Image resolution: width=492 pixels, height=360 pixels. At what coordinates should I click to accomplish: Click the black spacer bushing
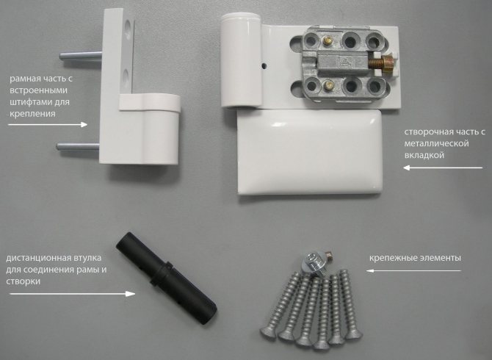click(x=166, y=278)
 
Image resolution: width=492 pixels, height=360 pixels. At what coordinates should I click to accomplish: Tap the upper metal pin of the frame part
click(x=81, y=56)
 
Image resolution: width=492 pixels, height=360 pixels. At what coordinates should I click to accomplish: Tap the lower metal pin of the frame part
click(x=78, y=146)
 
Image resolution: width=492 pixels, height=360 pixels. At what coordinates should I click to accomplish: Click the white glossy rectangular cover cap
click(x=310, y=151)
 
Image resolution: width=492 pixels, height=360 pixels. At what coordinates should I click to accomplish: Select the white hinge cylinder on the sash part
click(x=241, y=60)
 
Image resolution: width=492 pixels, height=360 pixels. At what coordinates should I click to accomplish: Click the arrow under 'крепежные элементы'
click(x=413, y=270)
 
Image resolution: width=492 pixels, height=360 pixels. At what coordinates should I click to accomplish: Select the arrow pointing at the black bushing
click(x=72, y=294)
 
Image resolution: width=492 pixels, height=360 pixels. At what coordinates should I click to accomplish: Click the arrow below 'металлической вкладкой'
click(x=443, y=168)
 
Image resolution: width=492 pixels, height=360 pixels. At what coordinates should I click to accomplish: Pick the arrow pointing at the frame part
click(x=48, y=125)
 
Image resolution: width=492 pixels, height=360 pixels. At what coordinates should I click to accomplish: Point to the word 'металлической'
click(x=436, y=143)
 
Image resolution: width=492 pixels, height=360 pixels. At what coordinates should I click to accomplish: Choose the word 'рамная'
click(x=23, y=79)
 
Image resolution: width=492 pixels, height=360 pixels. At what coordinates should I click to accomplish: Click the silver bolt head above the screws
click(x=312, y=263)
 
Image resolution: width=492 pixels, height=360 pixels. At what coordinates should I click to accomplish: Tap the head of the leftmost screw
click(x=267, y=332)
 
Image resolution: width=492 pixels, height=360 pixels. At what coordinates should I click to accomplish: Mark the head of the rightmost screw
click(x=354, y=334)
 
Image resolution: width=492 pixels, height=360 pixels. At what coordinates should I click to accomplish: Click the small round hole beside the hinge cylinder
click(x=264, y=65)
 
